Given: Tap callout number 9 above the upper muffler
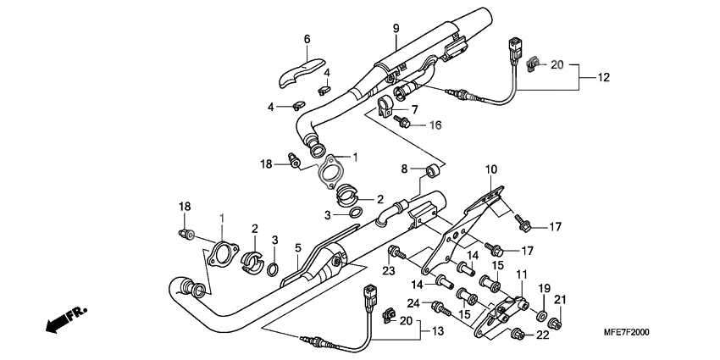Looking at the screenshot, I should click(x=395, y=30).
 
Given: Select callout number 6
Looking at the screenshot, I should click(x=307, y=39).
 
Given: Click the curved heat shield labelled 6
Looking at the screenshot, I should click(x=301, y=70).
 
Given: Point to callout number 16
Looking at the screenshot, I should click(x=435, y=125).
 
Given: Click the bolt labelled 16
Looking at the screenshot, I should click(x=404, y=123).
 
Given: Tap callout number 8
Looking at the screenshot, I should click(x=404, y=168).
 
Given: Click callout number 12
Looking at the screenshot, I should click(x=603, y=78).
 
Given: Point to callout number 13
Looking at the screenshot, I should click(x=438, y=331).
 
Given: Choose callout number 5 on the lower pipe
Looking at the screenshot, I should click(x=298, y=248).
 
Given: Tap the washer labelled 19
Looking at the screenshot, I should click(x=540, y=317).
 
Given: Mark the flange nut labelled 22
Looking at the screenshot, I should click(x=518, y=336).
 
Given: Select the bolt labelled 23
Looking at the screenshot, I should click(x=395, y=252).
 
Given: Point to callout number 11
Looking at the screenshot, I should click(x=521, y=275).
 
